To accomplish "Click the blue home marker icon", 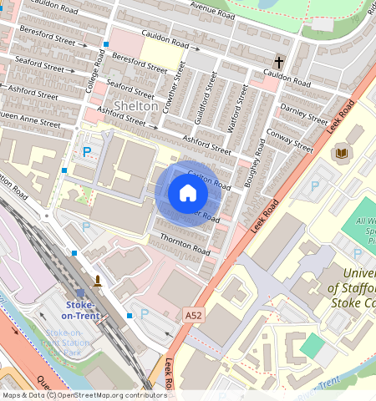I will pos(188,194).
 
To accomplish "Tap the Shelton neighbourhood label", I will pos(135,106).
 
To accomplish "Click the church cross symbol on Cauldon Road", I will pos(280,62).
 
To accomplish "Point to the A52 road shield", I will pos(194,315).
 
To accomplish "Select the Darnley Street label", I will pos(305,114).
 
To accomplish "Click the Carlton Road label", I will pos(209,178).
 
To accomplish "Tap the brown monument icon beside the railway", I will pos(99,280).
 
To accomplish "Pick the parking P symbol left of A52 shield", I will pos(144,314).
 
